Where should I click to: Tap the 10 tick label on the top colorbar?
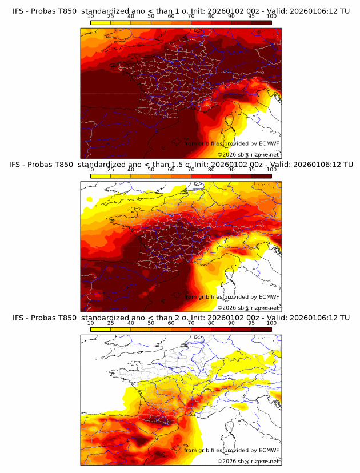tap(91, 16)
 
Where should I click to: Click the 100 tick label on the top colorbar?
tap(271, 16)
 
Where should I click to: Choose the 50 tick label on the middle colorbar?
tap(151, 170)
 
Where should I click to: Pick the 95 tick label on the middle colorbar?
tap(251, 170)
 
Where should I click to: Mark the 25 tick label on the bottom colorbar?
tap(111, 323)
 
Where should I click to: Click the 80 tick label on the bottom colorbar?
tap(211, 323)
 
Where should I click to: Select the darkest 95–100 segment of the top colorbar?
tap(261, 22)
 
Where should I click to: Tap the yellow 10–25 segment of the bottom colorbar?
tap(101, 330)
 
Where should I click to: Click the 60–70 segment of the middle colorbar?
tap(181, 176)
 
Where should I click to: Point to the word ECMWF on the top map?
tap(269, 143)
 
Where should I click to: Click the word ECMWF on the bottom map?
tap(269, 450)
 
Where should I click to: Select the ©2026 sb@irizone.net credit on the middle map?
tap(248, 308)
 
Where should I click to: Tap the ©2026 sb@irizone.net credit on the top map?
tap(248, 155)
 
